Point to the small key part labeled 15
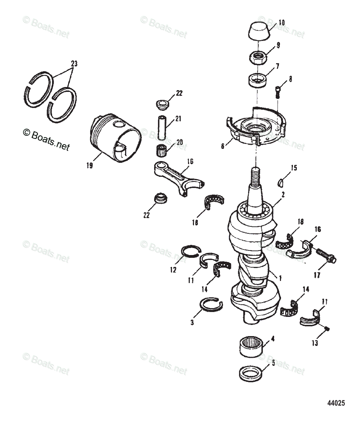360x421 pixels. (x=281, y=182)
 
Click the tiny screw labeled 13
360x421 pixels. (x=327, y=328)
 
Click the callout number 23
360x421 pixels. (x=74, y=64)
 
